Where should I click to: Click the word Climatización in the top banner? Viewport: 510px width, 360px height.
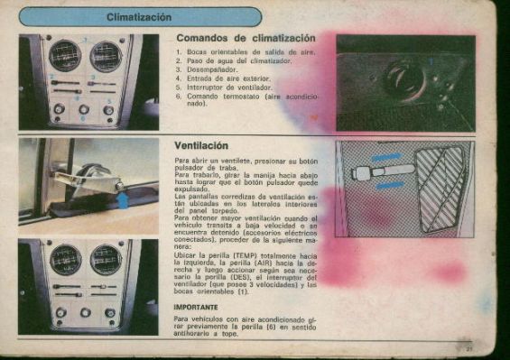pyautogui.click(x=139, y=17)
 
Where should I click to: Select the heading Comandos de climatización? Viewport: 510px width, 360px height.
pyautogui.click(x=245, y=38)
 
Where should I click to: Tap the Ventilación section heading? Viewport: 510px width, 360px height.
pyautogui.click(x=201, y=144)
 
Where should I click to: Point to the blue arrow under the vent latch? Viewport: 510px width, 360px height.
pyautogui.click(x=123, y=199)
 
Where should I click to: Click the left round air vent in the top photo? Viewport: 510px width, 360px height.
pyautogui.click(x=65, y=56)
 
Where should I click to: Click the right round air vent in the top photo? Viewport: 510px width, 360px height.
pyautogui.click(x=106, y=56)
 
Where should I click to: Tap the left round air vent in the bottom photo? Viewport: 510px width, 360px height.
pyautogui.click(x=65, y=260)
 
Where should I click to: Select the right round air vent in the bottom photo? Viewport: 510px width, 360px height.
pyautogui.click(x=106, y=260)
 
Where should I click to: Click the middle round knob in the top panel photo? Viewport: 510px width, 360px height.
pyautogui.click(x=84, y=109)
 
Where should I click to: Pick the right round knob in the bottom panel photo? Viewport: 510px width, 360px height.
pyautogui.click(x=109, y=313)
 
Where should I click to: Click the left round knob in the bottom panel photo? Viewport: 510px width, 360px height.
pyautogui.click(x=60, y=313)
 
